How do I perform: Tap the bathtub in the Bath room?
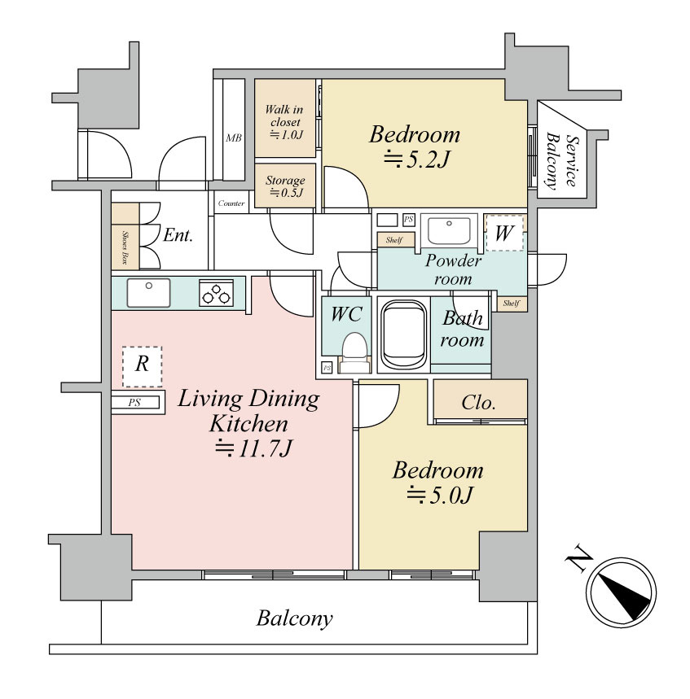pos(404,334)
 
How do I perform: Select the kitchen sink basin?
pos(148,292)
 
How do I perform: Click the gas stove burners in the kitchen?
pos(217,293)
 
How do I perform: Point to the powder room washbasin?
pos(449,230)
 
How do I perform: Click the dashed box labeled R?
pos(143,366)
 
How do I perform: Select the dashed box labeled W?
pos(504,232)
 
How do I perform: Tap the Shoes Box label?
pos(125,247)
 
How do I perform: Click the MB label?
pos(234,138)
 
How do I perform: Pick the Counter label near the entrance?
pos(231,203)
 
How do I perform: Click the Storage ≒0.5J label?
pos(285,186)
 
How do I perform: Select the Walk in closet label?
pos(284,116)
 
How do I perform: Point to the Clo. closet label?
pos(478,403)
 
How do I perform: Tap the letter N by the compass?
pos(579,557)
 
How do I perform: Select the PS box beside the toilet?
pos(327,368)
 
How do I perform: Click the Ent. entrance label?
pos(178,235)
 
